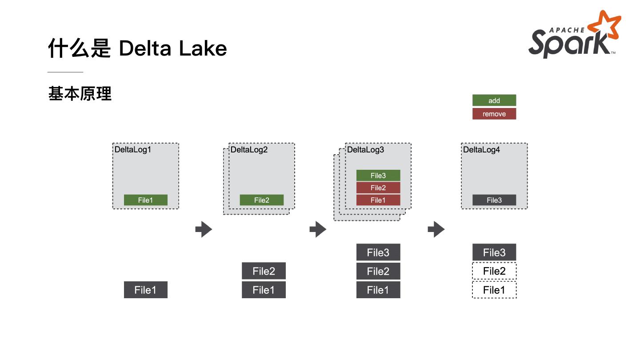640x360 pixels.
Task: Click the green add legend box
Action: point(494,100)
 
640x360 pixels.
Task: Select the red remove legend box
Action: point(494,114)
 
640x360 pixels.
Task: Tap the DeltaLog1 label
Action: point(133,150)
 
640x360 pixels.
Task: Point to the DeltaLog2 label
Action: point(249,150)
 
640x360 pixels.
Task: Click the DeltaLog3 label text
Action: point(365,150)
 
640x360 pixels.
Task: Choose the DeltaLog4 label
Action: point(481,150)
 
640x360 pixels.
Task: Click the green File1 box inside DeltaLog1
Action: point(145,200)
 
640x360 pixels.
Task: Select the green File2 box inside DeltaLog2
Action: point(261,200)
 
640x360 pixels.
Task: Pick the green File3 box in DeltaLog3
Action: point(378,176)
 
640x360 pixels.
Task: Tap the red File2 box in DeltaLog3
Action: point(378,188)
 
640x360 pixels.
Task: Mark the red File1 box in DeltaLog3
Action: point(378,200)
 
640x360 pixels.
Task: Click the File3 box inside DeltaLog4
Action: point(494,200)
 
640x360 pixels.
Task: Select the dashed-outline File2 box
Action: point(494,271)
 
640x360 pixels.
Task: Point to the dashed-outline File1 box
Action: point(494,290)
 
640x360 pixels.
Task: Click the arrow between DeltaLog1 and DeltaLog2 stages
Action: point(204,229)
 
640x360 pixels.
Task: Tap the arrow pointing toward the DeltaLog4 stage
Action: point(436,229)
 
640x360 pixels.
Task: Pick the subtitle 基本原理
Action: point(80,94)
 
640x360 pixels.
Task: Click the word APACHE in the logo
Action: point(567,30)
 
